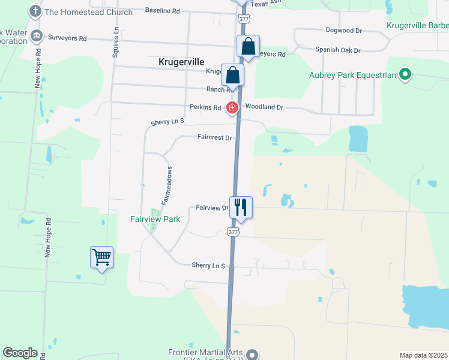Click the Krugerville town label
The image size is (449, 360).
tap(181, 62)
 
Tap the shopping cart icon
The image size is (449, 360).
tap(101, 257)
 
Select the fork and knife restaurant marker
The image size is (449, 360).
tap(241, 207)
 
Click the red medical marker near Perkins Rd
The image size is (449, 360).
tap(232, 108)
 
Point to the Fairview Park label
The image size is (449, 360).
tap(155, 220)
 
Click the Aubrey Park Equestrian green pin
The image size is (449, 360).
tap(405, 75)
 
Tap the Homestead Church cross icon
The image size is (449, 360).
tap(36, 11)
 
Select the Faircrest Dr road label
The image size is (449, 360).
tap(214, 137)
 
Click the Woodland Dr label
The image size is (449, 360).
tap(264, 107)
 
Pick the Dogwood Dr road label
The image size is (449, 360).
tap(344, 29)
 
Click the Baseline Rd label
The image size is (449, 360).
tap(163, 11)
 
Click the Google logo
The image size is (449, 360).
tap(20, 353)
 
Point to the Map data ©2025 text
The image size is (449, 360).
tap(423, 355)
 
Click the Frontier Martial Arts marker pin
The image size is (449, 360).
tap(252, 354)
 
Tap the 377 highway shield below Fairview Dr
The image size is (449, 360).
tap(234, 232)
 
